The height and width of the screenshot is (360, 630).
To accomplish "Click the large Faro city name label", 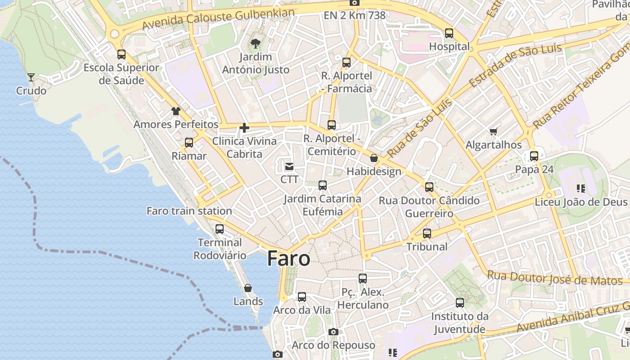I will pyautogui.click(x=288, y=259).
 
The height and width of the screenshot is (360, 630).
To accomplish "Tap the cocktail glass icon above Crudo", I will pyautogui.click(x=31, y=77).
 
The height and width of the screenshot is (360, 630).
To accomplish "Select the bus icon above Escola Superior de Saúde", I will pyautogui.click(x=121, y=54).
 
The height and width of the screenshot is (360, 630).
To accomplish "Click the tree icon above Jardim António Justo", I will pyautogui.click(x=255, y=44).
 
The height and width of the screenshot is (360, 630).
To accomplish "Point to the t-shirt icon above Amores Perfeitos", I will pyautogui.click(x=175, y=111).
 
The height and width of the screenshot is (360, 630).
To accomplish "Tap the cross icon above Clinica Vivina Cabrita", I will pyautogui.click(x=244, y=128).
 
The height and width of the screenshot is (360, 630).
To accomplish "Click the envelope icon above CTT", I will pyautogui.click(x=289, y=166).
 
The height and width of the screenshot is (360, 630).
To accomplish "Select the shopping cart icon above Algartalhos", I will pyautogui.click(x=494, y=131).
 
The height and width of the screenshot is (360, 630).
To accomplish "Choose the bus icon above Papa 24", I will pyautogui.click(x=534, y=156).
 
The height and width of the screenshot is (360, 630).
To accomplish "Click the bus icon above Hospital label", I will pyautogui.click(x=449, y=33).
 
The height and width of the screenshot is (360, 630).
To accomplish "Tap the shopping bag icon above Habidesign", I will pyautogui.click(x=374, y=158).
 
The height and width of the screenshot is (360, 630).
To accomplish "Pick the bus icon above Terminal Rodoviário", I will pyautogui.click(x=220, y=229).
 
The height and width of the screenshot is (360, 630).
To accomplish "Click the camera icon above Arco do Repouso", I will pyautogui.click(x=333, y=332).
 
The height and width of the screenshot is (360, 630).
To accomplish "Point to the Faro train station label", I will pyautogui.click(x=189, y=211).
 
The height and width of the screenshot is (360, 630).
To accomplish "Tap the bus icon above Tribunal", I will pyautogui.click(x=427, y=234).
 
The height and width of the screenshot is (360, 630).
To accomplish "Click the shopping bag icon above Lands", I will pyautogui.click(x=248, y=288).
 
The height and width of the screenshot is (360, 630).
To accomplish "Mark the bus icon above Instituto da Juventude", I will pyautogui.click(x=460, y=303).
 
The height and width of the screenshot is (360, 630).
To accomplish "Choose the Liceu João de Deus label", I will pyautogui.click(x=580, y=202).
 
